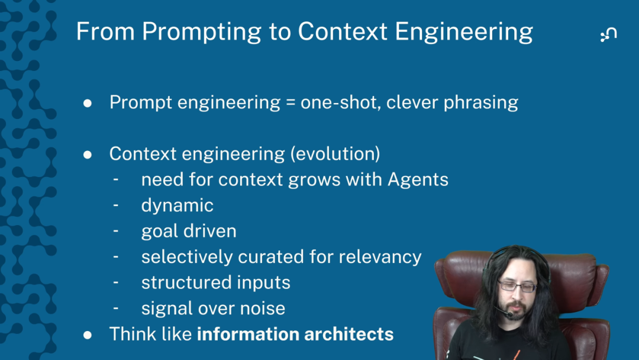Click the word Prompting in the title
pos(202,32)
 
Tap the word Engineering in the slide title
pos(464,32)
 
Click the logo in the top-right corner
pos(608,34)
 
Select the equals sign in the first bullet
pos(290,103)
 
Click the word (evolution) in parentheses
pos(335,154)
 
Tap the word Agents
pos(418,180)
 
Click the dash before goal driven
pos(116,231)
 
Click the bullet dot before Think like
pos(88,335)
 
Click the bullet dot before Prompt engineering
pos(88,103)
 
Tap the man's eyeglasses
pos(517,286)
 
